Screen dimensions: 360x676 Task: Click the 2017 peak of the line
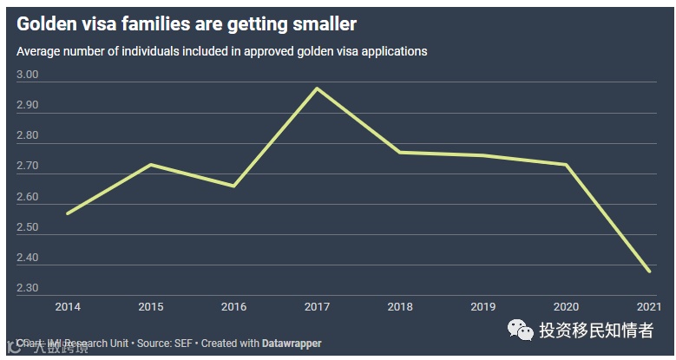316,88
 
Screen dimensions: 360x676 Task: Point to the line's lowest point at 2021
649,272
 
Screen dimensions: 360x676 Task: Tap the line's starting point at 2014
67,213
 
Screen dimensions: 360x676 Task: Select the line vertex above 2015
151,164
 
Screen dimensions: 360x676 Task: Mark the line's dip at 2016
233,186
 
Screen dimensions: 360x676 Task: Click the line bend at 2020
566,164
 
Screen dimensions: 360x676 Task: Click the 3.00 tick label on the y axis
28,75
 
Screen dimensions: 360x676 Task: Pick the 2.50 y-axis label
28,228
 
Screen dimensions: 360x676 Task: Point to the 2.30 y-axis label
28,289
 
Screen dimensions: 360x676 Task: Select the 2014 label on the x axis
67,306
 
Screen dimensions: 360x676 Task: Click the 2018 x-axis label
399,306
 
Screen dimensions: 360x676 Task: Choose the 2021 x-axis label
648,306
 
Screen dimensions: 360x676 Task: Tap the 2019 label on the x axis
482,306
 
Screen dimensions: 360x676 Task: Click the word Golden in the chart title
48,23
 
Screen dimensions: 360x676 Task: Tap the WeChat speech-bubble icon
521,330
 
